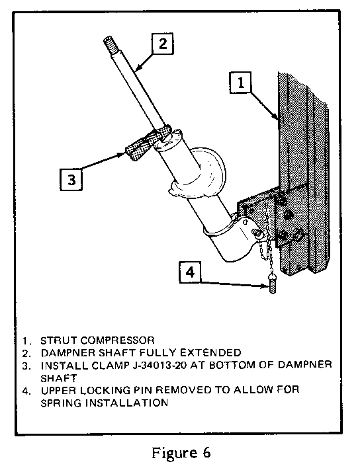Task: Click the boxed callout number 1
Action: (241, 82)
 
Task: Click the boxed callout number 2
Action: (163, 44)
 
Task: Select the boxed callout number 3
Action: (71, 179)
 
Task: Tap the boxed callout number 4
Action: (190, 272)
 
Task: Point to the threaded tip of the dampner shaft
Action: (110, 44)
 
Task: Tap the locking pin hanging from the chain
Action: (272, 284)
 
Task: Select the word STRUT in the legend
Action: (60, 340)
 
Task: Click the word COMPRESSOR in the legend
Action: (118, 340)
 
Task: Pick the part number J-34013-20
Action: (159, 365)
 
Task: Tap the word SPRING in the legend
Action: (62, 403)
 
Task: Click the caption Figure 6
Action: (181, 454)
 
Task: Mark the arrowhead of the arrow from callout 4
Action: (265, 286)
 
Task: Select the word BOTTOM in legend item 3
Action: (232, 365)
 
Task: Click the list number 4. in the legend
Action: (26, 391)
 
